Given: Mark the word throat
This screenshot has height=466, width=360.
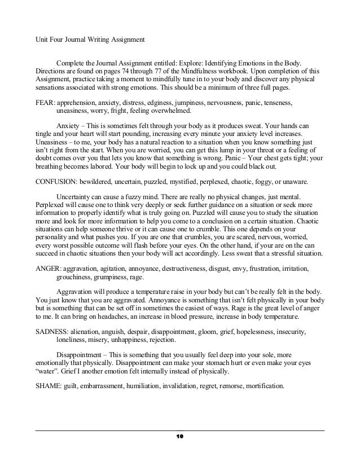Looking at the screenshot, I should pyautogui.click(x=246, y=152).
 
